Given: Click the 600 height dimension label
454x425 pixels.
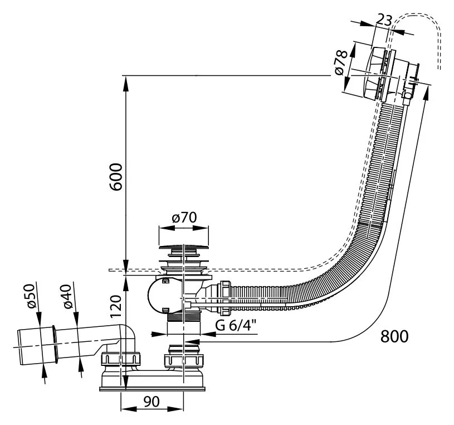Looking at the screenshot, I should pyautogui.click(x=115, y=177).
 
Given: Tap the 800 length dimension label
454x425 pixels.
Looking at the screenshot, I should pyautogui.click(x=394, y=336).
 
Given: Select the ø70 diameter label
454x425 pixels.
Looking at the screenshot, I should pyautogui.click(x=184, y=218).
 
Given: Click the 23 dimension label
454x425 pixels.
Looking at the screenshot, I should pyautogui.click(x=383, y=20).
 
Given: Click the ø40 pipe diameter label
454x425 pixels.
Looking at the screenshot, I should pyautogui.click(x=67, y=296).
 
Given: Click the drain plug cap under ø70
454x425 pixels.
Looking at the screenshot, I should pyautogui.click(x=184, y=247).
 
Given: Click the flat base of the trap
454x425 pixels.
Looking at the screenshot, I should pyautogui.click(x=153, y=385).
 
